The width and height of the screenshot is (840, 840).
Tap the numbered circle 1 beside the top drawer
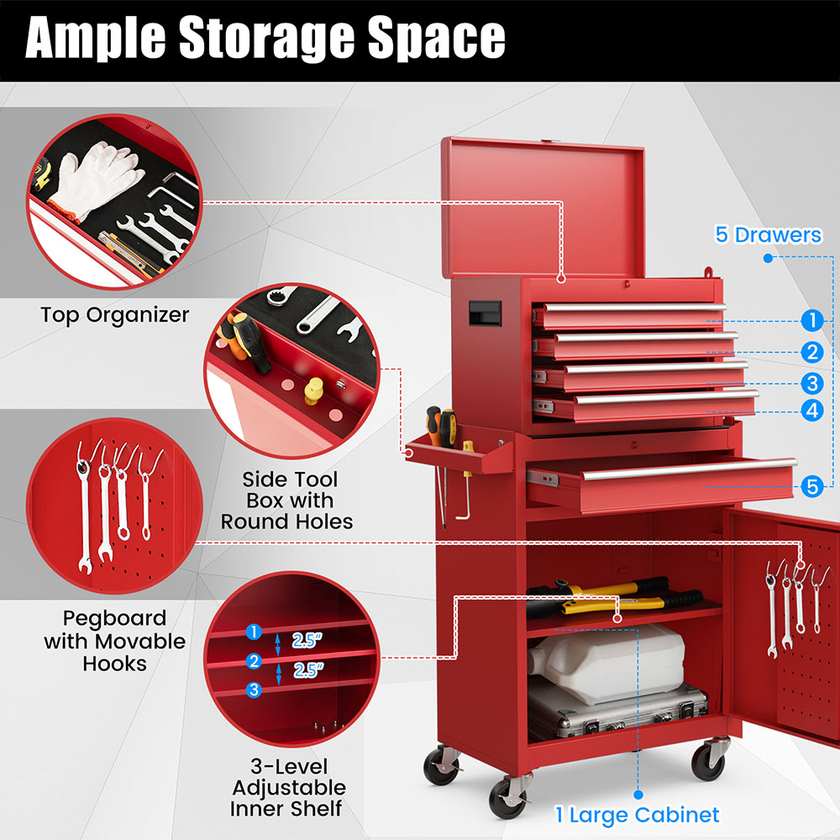(x=811, y=320)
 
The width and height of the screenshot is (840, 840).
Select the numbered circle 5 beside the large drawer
(x=811, y=486)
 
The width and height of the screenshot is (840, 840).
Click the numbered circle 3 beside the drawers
(x=811, y=384)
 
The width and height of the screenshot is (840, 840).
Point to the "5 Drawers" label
(x=768, y=234)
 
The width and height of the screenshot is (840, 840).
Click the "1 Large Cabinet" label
(x=637, y=814)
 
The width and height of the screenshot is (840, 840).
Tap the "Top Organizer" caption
(x=115, y=315)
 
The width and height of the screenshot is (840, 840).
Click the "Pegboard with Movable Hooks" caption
(x=115, y=641)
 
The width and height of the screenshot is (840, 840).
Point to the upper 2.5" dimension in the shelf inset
(x=307, y=641)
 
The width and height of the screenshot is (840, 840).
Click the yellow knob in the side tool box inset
(x=314, y=389)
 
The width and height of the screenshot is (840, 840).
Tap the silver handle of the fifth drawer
(x=689, y=469)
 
